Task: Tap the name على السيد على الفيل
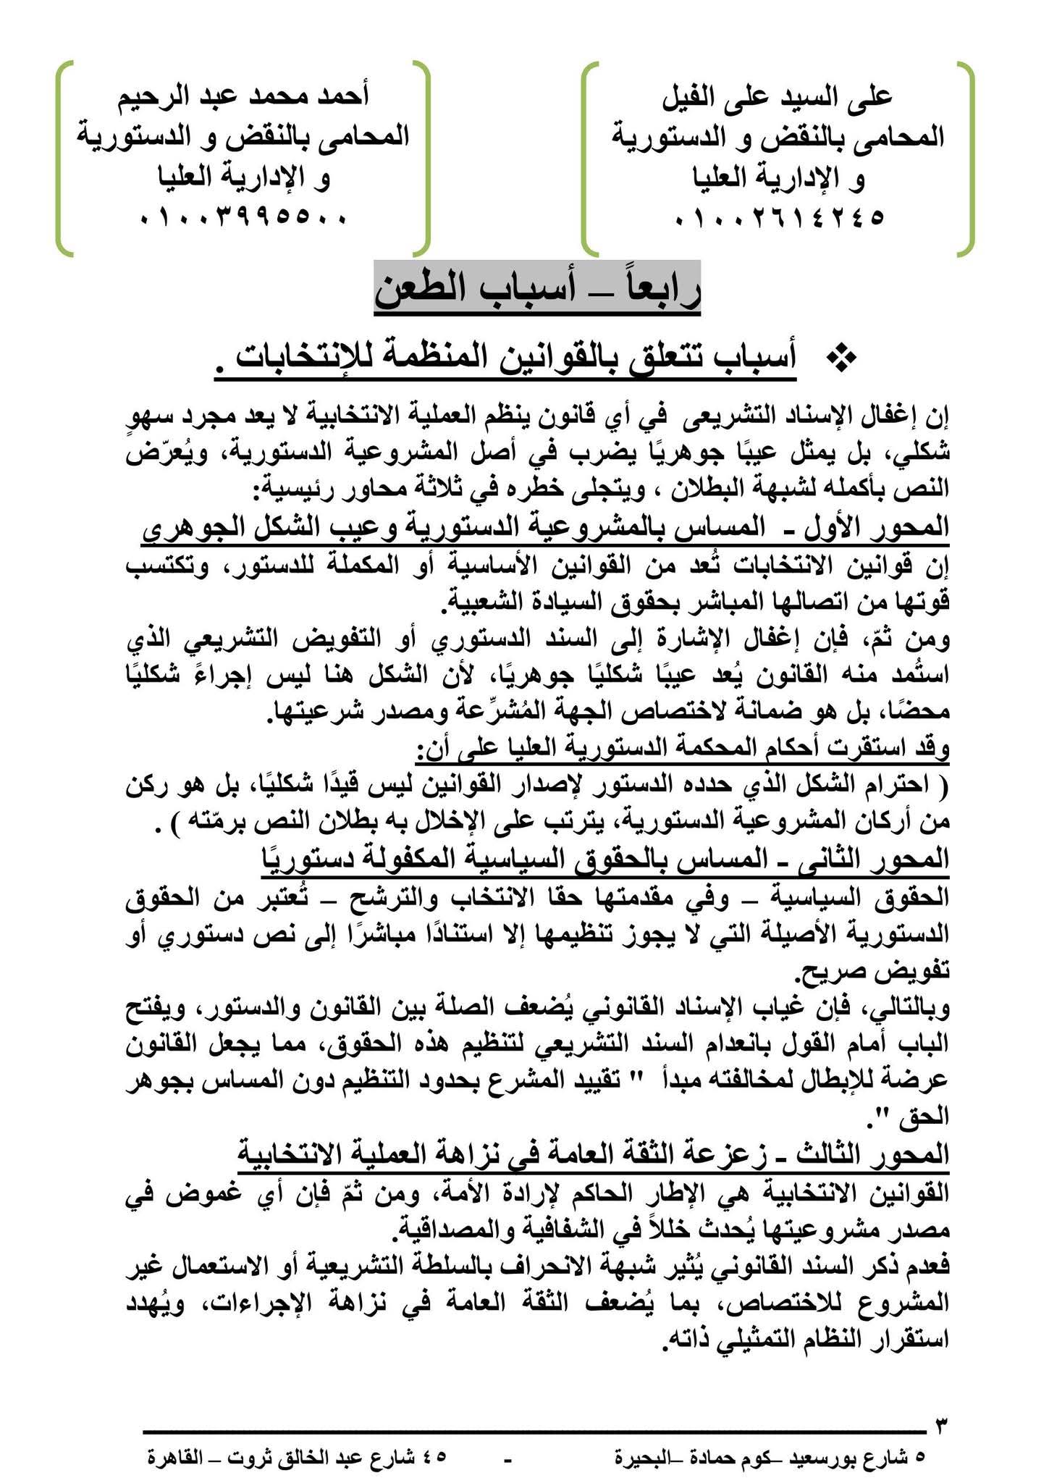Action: (779, 96)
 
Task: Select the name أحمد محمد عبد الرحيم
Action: (244, 96)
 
